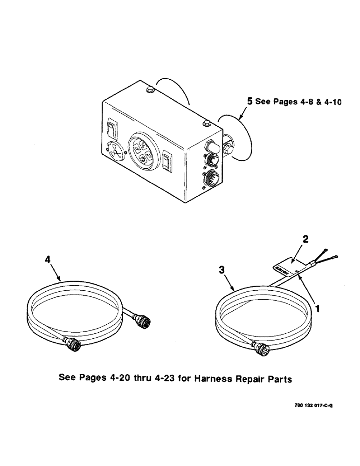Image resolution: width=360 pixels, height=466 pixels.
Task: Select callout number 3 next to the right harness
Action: point(223,270)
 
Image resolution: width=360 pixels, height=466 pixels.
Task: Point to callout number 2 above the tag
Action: point(305,240)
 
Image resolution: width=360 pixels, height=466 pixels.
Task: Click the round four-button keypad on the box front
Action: point(141,151)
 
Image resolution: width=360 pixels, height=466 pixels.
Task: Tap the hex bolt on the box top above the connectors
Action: point(205,123)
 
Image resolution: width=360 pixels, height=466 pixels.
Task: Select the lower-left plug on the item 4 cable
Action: point(74,345)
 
